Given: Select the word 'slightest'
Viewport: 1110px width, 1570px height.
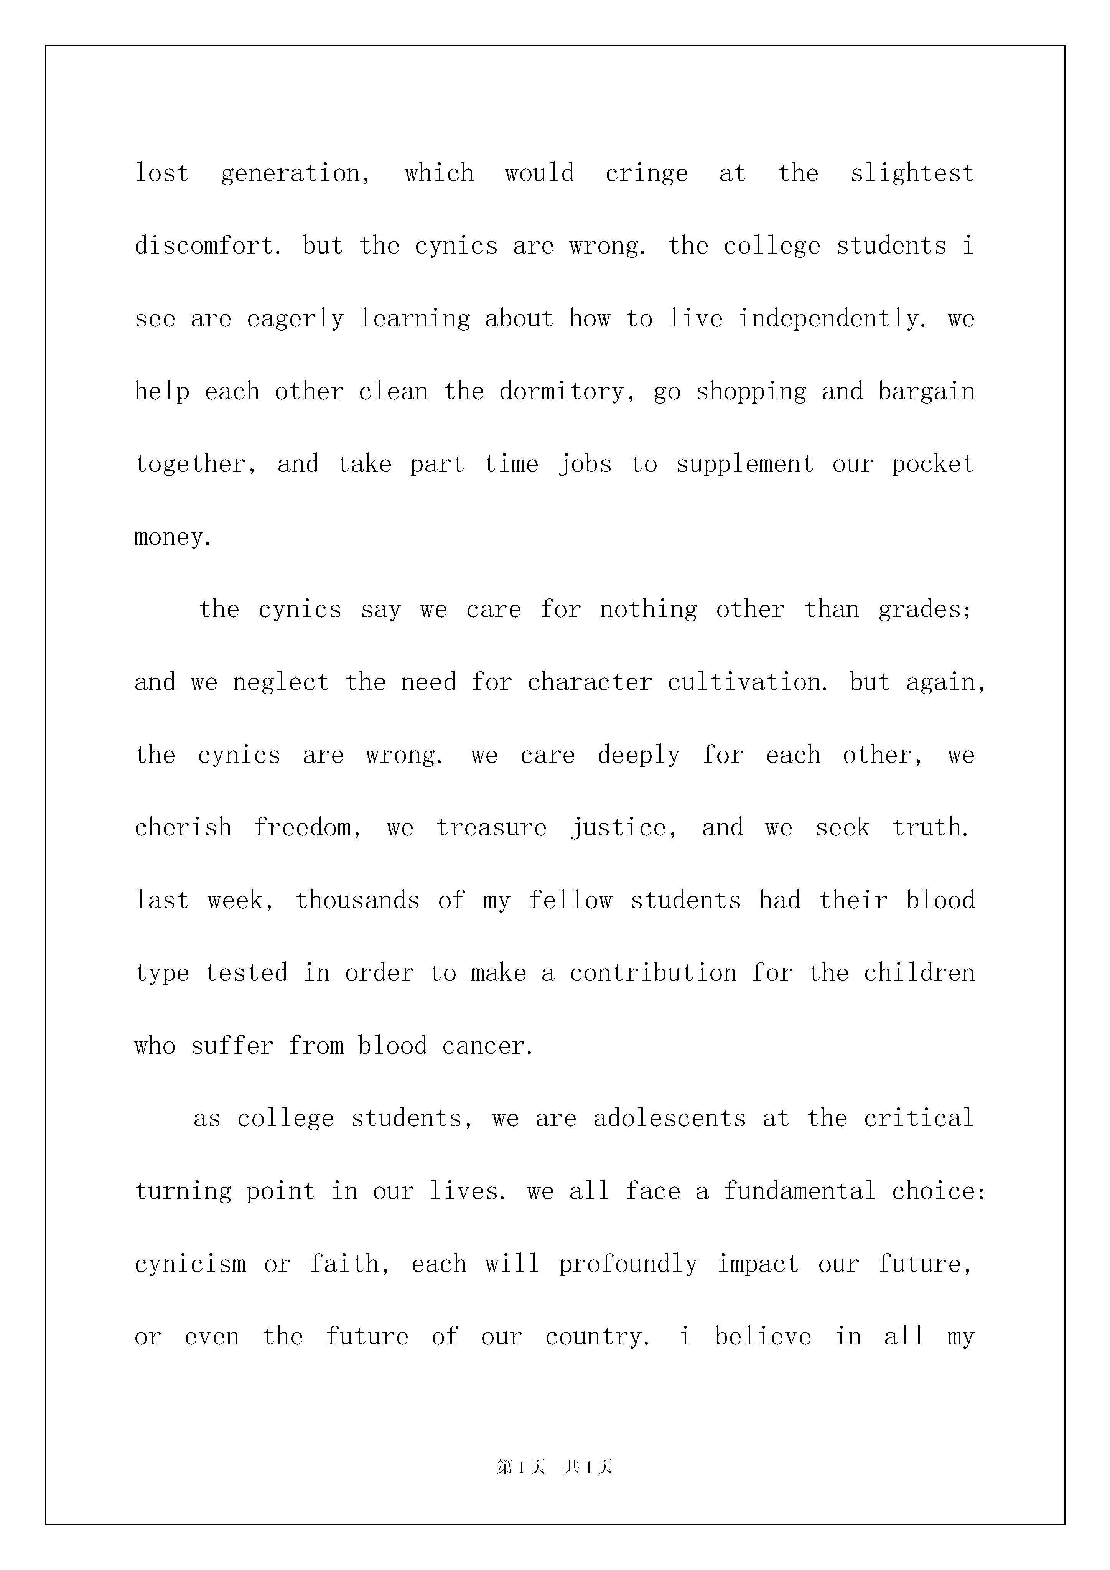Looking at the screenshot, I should pos(912,174).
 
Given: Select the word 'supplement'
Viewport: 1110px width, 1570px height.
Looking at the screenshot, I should pos(745,464).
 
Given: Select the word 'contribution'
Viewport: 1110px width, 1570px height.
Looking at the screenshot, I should pos(653,973).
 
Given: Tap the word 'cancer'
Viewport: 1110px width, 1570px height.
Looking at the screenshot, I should pos(487,1046).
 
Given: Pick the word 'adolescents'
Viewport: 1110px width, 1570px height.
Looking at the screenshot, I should pos(670,1119).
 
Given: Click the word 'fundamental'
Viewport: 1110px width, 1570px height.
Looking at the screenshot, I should pos(799,1191).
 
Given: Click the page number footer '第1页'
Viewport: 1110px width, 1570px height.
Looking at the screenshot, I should pos(521,1467).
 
